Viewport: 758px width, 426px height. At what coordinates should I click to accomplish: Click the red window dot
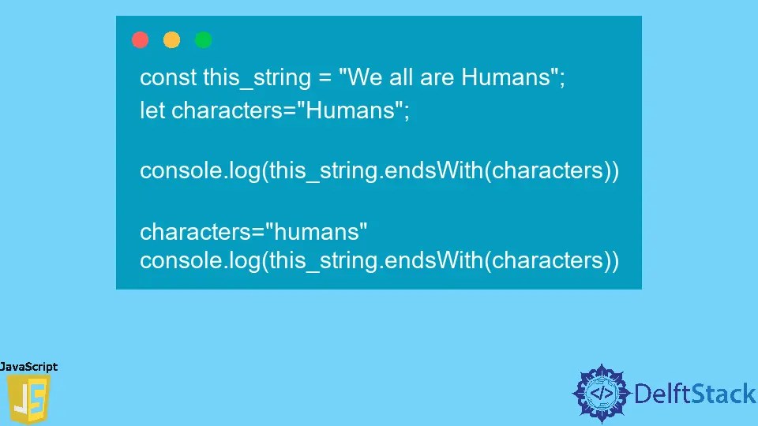coord(141,39)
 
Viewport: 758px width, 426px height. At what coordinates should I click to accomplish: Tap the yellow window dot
coord(171,39)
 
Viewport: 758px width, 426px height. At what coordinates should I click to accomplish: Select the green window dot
coord(203,39)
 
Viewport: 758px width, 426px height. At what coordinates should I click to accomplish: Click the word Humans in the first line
coord(509,78)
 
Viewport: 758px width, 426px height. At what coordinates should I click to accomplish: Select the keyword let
coord(152,110)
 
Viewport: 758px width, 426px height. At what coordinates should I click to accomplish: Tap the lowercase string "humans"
coord(317,232)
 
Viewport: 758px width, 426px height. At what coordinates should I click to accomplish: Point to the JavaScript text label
coord(29,367)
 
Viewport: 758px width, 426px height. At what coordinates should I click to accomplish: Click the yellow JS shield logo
coord(28,399)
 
